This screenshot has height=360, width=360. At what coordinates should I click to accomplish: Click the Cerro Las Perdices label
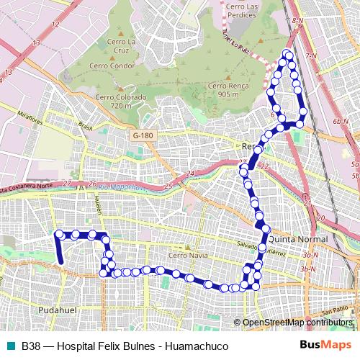tap(247, 6)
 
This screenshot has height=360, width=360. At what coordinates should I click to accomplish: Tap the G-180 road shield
tap(143, 135)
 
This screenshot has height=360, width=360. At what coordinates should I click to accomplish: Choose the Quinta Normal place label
tap(297, 239)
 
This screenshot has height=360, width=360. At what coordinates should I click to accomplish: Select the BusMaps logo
tap(325, 346)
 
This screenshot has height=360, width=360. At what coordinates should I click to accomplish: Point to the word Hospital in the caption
tap(78, 346)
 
